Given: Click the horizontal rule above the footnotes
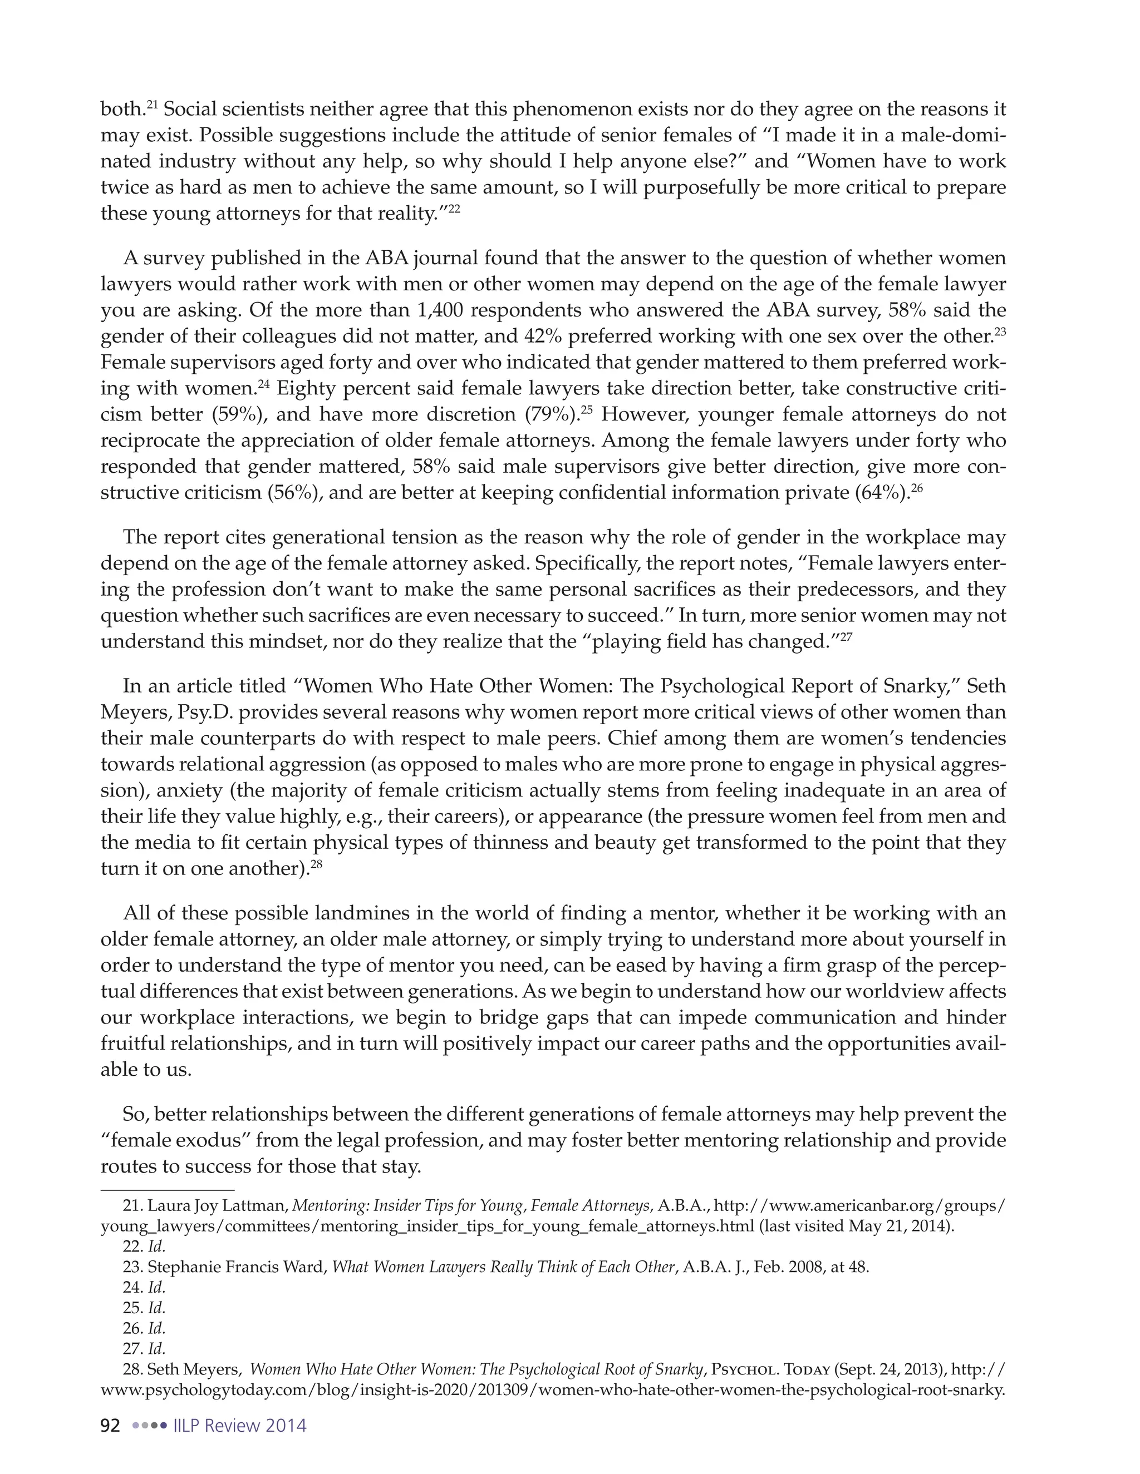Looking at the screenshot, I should coord(167,1189).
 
